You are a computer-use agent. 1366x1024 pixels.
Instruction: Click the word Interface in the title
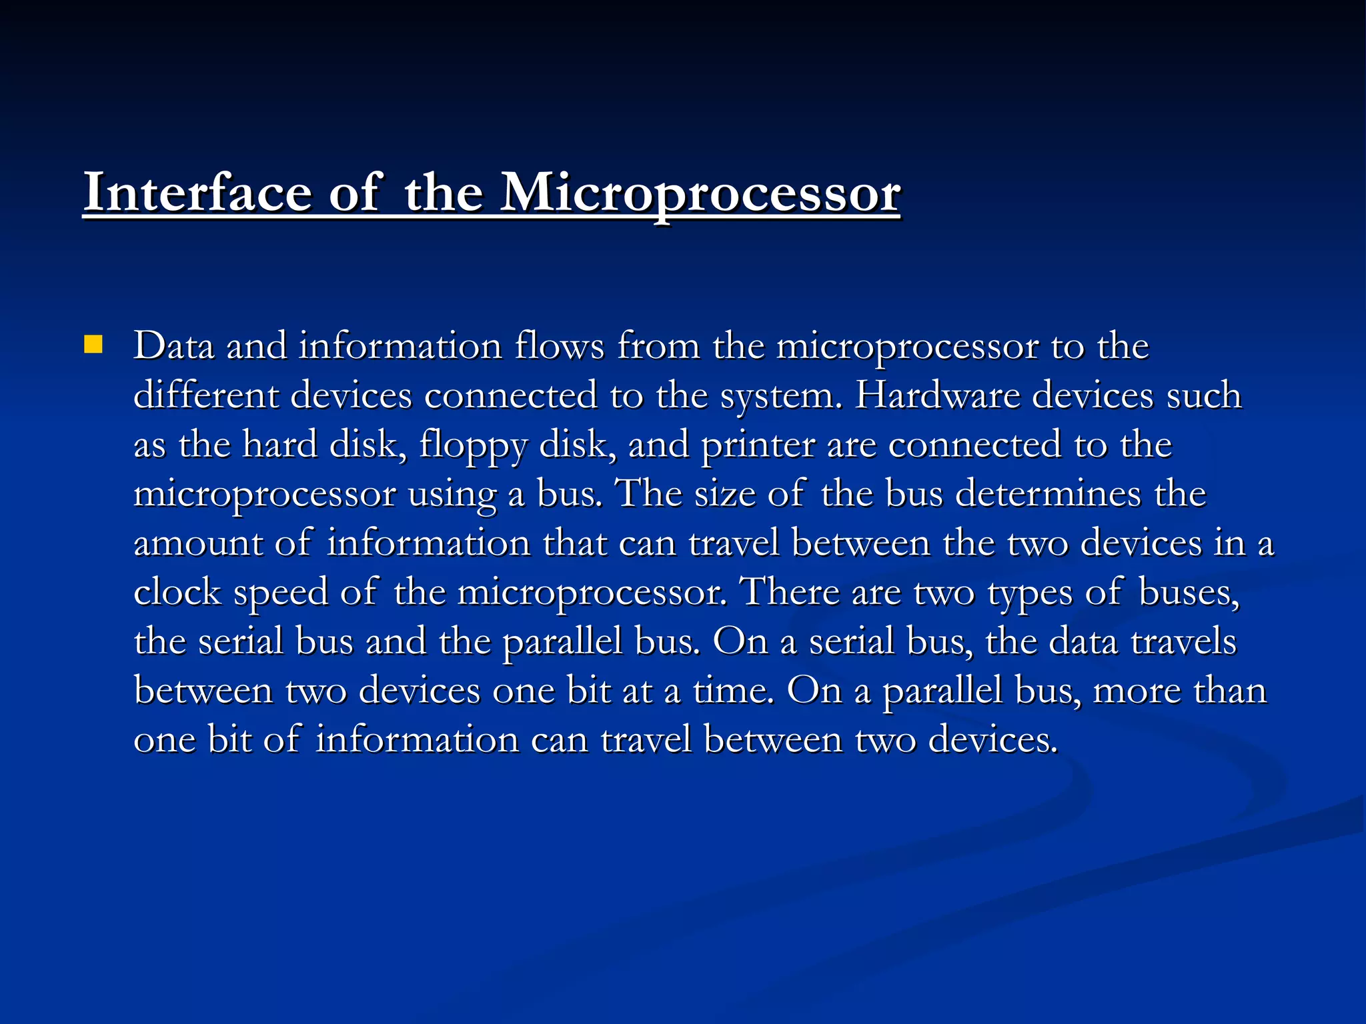coord(197,193)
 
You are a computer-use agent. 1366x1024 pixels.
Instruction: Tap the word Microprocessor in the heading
coord(700,193)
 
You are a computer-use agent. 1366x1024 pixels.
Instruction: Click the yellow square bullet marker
coord(93,345)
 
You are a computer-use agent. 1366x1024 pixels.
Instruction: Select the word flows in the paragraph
coord(559,346)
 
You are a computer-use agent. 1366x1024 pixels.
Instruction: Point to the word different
coord(205,395)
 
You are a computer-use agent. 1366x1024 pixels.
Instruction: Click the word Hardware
coord(937,395)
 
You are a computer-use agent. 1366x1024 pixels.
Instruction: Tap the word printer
coord(758,445)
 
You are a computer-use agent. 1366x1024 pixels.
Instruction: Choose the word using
coord(452,495)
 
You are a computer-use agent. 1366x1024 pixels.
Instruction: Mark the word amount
coord(197,543)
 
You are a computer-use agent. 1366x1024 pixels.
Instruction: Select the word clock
coord(177,592)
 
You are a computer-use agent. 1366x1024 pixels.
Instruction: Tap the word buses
coord(1189,592)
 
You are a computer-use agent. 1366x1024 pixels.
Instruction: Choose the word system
coord(777,396)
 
